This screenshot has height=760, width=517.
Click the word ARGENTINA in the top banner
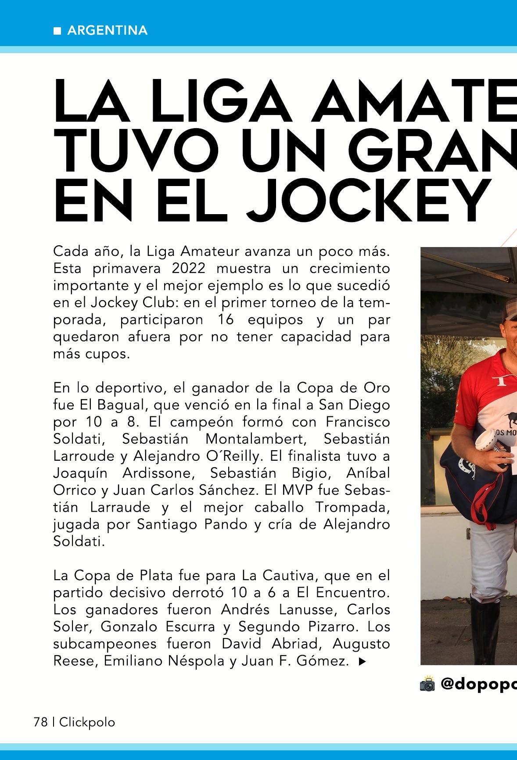108,31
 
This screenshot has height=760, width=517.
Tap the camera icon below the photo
427,684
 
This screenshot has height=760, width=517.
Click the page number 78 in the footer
40,722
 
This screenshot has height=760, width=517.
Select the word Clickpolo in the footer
87,722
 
